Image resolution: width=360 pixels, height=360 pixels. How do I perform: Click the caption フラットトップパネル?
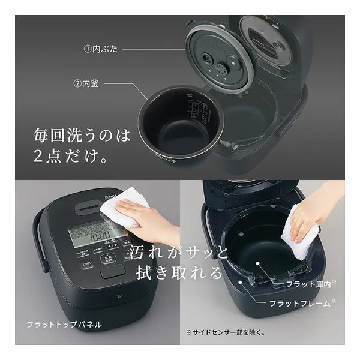point(64,325)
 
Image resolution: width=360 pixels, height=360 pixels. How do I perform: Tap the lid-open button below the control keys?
point(113,272)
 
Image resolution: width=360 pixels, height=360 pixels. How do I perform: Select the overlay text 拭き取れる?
point(175,272)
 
